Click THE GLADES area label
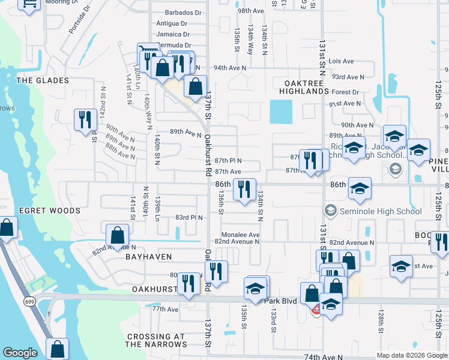coord(43,80)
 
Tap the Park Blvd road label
coord(280,300)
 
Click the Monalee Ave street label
coord(240,235)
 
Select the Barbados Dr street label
coord(178,13)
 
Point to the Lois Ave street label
coord(342,61)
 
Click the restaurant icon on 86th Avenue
coord(244,188)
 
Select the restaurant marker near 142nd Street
coord(85,119)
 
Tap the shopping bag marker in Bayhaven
coord(117,234)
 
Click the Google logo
coord(20,353)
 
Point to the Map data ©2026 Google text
coord(412,355)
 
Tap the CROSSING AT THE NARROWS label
coord(155,340)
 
